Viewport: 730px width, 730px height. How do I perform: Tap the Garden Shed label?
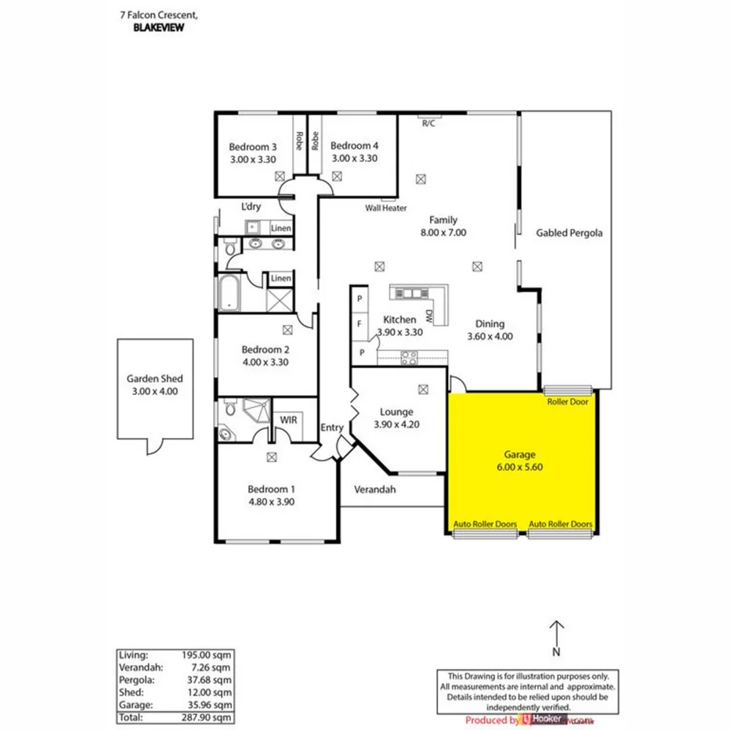click(x=155, y=378)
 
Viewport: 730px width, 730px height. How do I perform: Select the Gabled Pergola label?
click(x=569, y=233)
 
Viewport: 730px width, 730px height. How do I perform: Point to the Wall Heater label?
click(x=386, y=208)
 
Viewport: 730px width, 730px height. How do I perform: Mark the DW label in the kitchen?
click(x=429, y=316)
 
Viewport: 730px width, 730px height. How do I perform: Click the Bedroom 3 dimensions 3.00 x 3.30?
click(x=253, y=158)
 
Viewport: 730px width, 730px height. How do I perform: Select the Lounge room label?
click(x=396, y=412)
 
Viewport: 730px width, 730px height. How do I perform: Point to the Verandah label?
click(x=375, y=490)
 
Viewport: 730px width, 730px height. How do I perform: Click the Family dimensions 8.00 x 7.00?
click(x=443, y=233)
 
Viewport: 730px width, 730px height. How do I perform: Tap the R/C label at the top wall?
click(x=428, y=123)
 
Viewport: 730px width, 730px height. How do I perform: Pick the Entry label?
click(x=331, y=428)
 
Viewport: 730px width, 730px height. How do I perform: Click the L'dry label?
click(x=251, y=207)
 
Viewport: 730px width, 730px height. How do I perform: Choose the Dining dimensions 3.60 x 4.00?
click(x=490, y=337)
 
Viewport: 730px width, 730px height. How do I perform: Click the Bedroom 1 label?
click(x=272, y=490)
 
